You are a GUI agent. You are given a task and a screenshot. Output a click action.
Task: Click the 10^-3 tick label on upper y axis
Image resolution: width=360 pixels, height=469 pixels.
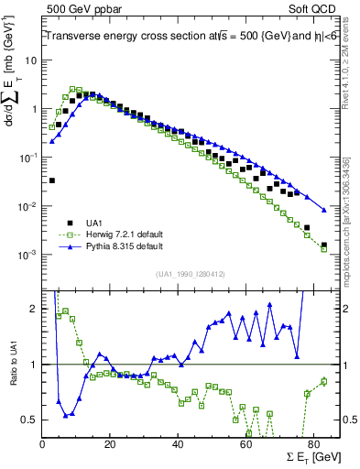tap(27, 255)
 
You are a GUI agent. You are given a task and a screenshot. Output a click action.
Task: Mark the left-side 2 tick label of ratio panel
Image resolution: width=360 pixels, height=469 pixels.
tap(34, 309)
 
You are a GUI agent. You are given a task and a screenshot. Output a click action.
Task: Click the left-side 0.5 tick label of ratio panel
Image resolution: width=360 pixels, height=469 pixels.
tap(29, 420)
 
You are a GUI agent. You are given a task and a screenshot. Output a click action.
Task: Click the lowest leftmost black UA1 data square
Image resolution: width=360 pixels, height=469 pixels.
tap(51, 180)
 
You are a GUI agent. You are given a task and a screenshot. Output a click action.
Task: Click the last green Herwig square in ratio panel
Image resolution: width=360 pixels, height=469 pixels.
tap(323, 381)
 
